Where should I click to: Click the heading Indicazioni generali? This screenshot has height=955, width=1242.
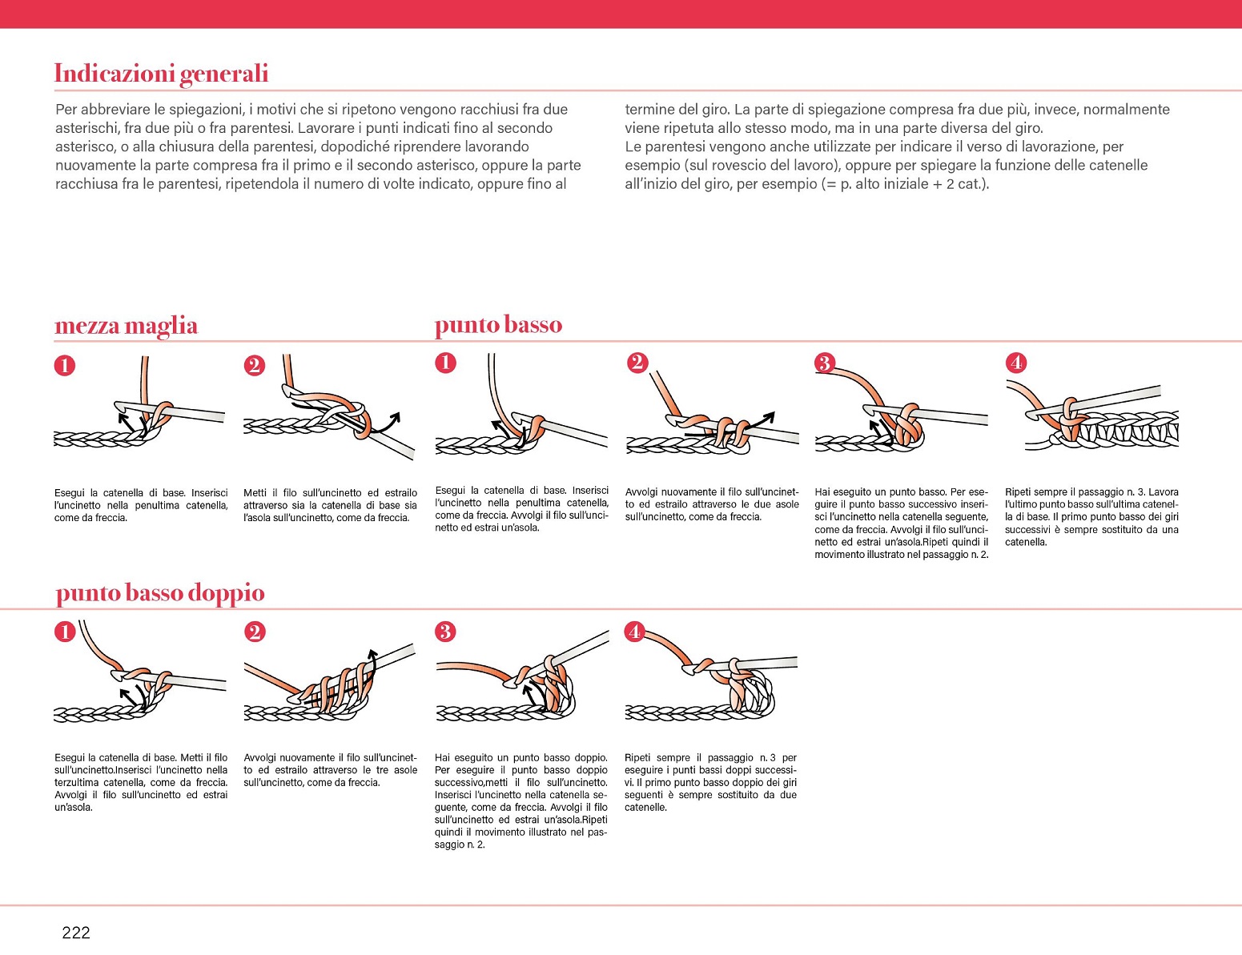[161, 74]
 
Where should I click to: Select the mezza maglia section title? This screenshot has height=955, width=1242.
[126, 326]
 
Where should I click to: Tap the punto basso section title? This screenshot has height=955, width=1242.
[498, 325]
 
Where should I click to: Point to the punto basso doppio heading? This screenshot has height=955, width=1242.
[160, 593]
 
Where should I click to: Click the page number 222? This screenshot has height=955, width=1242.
[76, 932]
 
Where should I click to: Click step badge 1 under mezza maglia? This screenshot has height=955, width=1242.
[65, 366]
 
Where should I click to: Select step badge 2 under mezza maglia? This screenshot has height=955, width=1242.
[255, 366]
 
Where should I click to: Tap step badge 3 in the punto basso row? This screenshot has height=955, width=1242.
[824, 363]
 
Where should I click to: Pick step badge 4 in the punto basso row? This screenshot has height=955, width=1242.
[1016, 363]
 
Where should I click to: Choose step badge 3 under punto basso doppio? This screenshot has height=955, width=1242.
[445, 632]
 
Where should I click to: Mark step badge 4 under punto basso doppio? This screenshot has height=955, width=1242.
[635, 632]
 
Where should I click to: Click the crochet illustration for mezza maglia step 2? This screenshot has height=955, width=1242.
[328, 412]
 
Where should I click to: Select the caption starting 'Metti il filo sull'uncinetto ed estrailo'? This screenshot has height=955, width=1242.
[330, 505]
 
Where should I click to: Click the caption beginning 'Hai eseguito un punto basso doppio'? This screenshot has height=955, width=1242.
[521, 801]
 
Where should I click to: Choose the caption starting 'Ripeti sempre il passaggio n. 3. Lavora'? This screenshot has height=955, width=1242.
[1091, 517]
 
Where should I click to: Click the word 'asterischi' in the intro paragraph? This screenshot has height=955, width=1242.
[87, 128]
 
